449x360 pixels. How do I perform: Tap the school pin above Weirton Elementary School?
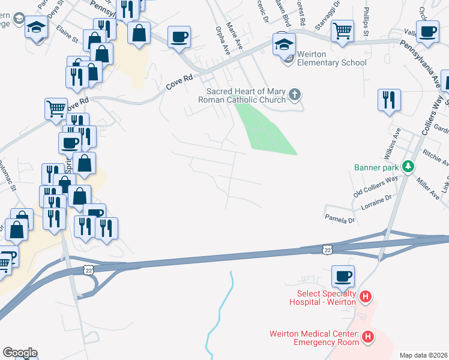(285, 43)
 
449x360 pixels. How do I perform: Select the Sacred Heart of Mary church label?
(246, 95)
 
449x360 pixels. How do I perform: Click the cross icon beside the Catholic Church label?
(294, 94)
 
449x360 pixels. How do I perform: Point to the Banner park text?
(376, 167)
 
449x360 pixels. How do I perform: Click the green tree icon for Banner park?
(408, 166)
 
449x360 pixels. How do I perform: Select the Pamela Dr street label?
(340, 220)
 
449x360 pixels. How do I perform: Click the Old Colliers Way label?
(376, 186)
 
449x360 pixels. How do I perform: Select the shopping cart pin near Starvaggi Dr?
(342, 31)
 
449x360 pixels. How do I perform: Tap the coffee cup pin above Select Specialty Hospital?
(343, 277)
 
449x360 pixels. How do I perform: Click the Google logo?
(20, 353)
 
